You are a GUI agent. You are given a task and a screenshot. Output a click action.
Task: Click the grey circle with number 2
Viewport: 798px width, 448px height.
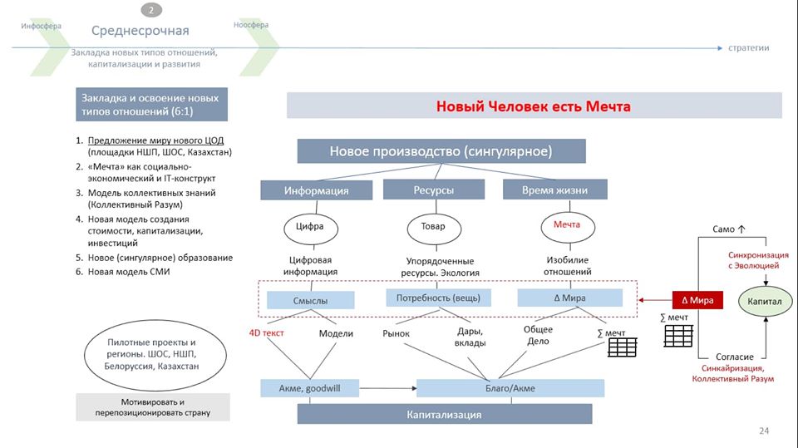tap(151, 10)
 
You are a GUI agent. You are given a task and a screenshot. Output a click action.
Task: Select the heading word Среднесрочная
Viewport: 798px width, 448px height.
tap(140, 31)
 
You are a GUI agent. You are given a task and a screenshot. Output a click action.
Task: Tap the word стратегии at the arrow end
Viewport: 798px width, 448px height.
tap(748, 47)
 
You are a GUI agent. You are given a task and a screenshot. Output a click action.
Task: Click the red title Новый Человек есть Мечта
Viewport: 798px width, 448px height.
tap(534, 106)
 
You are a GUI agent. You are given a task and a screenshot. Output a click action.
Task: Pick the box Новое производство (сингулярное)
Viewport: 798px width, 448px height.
tap(441, 151)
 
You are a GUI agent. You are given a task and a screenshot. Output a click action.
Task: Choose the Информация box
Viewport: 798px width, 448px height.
tap(316, 190)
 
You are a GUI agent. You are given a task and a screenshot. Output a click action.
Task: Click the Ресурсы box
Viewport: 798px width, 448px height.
tap(433, 190)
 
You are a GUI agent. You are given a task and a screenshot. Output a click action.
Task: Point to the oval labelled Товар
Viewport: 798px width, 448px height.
tap(433, 226)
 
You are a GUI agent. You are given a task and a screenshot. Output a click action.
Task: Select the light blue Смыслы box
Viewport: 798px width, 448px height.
tap(310, 300)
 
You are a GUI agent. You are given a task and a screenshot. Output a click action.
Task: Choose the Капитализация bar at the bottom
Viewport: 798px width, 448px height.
tap(444, 414)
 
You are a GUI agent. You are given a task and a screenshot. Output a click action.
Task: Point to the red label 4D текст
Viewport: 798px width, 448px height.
tap(266, 333)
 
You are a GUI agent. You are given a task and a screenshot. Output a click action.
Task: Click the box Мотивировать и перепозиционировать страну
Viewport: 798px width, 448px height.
tap(153, 406)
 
